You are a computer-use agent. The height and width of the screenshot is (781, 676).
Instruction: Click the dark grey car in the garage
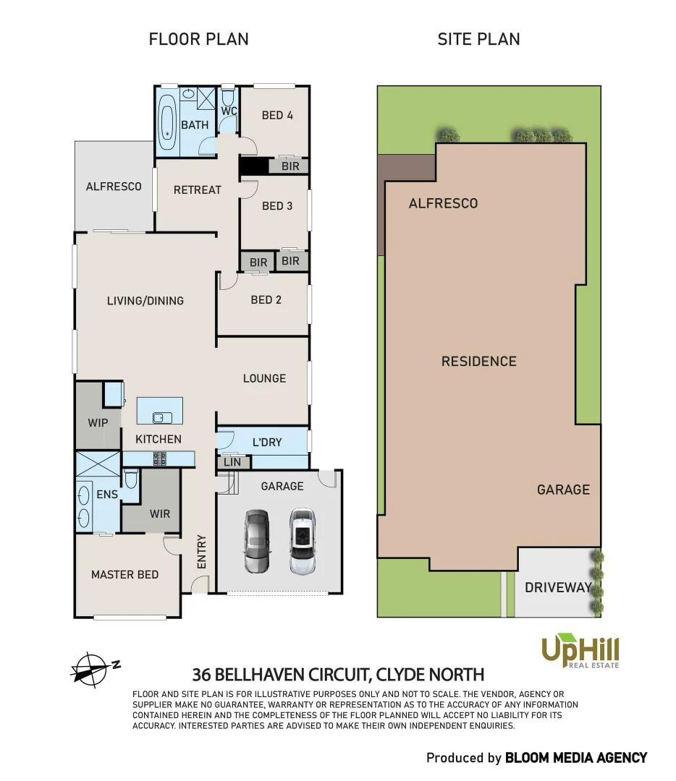[256, 541]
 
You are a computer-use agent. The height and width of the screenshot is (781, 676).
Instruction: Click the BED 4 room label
[277, 115]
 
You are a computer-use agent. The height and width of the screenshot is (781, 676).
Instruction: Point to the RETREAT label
[197, 189]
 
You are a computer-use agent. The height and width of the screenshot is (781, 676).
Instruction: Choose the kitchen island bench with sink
[160, 410]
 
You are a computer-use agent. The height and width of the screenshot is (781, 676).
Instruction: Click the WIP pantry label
[98, 421]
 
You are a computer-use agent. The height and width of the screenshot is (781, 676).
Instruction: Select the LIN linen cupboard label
[232, 462]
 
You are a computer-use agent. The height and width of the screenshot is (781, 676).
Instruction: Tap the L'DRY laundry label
[267, 442]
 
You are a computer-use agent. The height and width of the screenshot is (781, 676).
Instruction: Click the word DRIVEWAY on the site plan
[558, 587]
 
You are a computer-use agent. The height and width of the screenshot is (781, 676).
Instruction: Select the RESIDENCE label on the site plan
[479, 361]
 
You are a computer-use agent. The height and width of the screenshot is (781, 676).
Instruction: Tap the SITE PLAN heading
[478, 39]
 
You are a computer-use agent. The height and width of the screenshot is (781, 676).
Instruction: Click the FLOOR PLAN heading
[198, 39]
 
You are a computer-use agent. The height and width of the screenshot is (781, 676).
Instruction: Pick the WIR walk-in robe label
[160, 513]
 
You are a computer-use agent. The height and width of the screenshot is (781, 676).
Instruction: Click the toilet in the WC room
[228, 98]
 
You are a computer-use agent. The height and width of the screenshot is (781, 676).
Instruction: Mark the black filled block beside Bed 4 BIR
[254, 166]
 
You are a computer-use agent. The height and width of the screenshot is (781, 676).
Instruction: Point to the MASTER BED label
[124, 574]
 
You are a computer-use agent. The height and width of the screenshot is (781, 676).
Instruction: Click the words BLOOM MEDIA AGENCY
[575, 758]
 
